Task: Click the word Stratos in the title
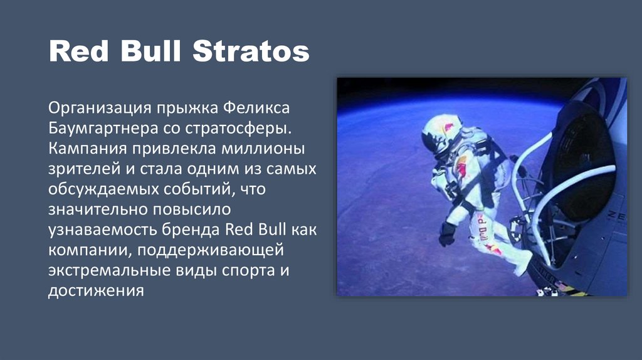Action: [251, 51]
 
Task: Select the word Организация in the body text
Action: [100, 107]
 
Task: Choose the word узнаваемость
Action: [102, 230]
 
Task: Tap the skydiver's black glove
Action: [447, 233]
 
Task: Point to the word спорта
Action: [243, 272]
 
